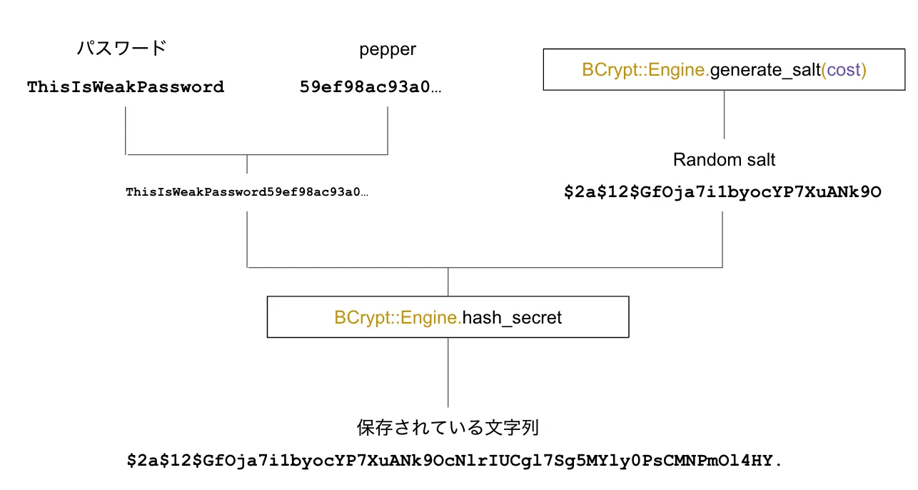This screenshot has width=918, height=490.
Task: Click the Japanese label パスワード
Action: (121, 49)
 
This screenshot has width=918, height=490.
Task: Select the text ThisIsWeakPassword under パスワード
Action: (126, 87)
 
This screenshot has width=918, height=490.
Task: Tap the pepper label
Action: (388, 49)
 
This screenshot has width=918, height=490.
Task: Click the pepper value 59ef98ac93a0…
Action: (370, 87)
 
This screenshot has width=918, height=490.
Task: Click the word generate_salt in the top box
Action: (765, 70)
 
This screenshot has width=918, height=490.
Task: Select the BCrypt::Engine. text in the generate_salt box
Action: (645, 70)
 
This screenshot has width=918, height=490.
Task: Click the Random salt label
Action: (724, 159)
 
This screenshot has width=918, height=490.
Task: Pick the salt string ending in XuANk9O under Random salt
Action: (722, 192)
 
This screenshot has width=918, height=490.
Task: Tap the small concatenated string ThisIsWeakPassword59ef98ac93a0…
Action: (247, 192)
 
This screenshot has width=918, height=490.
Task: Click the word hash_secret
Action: (512, 317)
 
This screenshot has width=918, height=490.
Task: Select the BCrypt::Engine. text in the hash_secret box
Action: (398, 317)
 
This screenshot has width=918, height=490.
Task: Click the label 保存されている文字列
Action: (448, 428)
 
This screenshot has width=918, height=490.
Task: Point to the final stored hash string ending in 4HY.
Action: (455, 461)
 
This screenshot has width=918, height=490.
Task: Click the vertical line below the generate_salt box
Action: (725, 114)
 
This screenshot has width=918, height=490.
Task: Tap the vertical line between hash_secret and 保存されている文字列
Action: (448, 372)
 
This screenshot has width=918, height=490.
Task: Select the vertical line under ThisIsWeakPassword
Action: (126, 130)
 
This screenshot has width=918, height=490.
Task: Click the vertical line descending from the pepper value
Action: (388, 130)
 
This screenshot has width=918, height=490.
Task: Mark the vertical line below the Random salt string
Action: (722, 239)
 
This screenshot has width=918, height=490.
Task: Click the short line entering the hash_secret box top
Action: (448, 282)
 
